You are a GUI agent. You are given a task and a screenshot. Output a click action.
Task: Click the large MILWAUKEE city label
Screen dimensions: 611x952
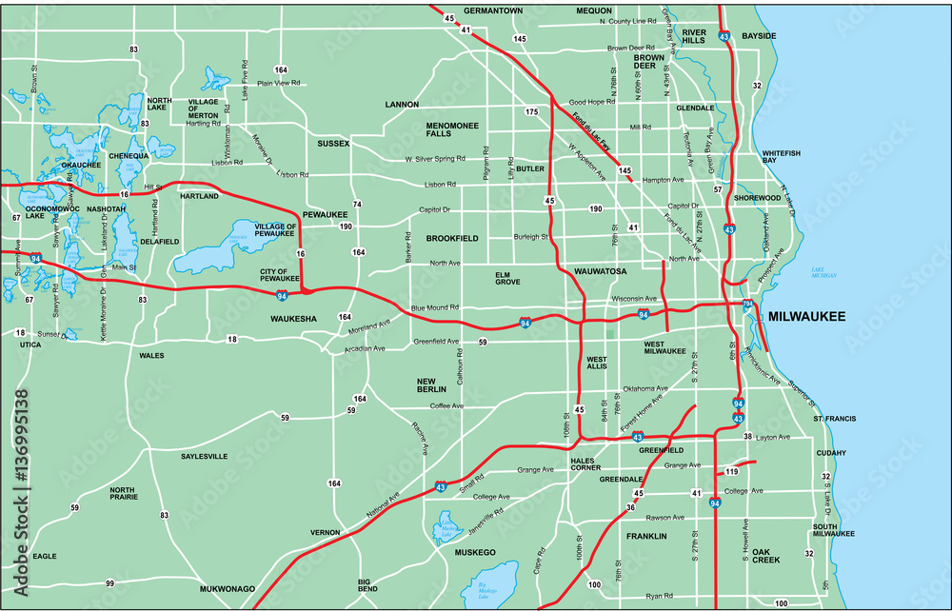[806, 317]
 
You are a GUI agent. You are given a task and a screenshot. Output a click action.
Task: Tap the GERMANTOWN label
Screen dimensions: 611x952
[493, 10]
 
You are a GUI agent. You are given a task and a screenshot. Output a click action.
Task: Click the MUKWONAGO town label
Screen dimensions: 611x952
[227, 589]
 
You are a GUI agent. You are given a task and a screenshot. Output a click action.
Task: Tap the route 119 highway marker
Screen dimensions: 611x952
[732, 472]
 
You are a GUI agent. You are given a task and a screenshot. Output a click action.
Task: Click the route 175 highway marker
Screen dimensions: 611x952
[531, 112]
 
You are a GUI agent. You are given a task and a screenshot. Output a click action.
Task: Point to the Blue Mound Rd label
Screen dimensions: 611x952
[435, 308]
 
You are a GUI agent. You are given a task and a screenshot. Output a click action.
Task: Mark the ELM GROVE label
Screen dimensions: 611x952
[508, 278]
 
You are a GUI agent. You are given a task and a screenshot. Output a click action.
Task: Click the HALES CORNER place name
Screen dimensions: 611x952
[582, 463]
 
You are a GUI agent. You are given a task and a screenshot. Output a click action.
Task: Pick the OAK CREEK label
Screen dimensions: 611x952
[765, 555]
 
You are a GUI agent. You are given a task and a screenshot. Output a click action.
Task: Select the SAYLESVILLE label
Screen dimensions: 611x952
[204, 457]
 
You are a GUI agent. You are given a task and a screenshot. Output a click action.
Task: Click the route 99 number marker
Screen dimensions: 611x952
[109, 582]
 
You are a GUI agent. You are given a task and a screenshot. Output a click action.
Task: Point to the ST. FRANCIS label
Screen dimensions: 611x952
[834, 419]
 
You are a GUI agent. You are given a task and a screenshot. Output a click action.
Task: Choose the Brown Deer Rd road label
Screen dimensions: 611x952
[631, 48]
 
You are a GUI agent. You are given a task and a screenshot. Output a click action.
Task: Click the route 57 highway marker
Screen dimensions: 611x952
[718, 190]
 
